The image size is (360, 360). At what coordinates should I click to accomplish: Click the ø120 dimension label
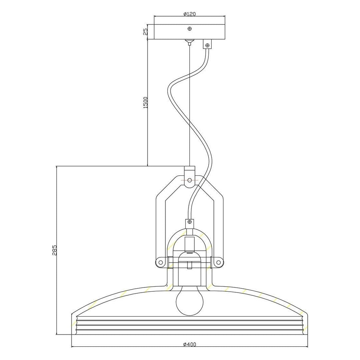(x=189, y=14)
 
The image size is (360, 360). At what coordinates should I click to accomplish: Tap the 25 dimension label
(x=145, y=32)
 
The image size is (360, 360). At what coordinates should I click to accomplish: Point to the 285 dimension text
(x=54, y=250)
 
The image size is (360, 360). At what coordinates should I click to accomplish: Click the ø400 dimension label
(x=190, y=344)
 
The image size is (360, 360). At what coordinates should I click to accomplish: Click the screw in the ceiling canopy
(x=190, y=29)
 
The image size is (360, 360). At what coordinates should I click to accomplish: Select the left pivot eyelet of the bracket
(x=160, y=262)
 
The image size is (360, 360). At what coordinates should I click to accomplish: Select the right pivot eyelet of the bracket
(x=218, y=262)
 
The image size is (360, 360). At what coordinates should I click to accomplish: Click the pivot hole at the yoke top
(x=189, y=180)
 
